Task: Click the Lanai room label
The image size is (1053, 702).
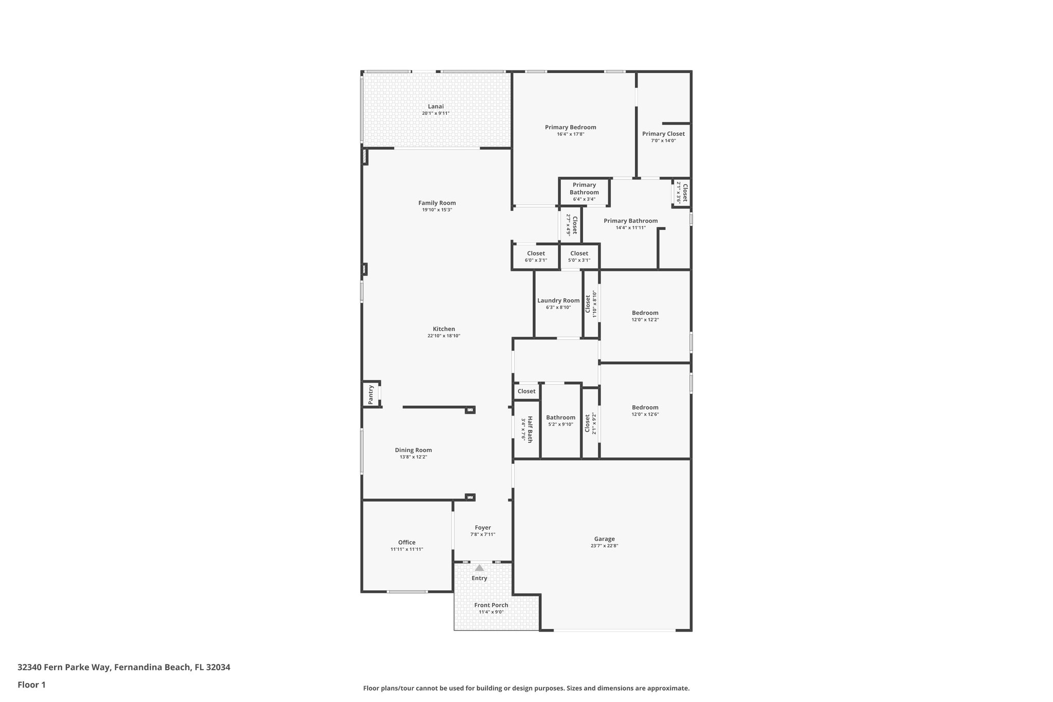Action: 435,106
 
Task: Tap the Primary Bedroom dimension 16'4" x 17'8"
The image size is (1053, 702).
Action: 570,134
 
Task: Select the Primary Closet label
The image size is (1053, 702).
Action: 663,134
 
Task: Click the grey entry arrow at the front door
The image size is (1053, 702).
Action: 479,568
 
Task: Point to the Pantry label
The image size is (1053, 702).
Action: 371,394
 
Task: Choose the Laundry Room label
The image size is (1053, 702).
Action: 558,300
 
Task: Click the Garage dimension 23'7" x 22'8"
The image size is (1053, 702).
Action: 604,546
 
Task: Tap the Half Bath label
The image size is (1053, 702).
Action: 530,429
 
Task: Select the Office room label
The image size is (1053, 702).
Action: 406,542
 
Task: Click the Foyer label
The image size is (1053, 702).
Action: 482,527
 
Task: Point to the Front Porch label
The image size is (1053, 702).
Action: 491,605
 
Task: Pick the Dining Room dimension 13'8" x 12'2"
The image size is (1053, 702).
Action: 413,457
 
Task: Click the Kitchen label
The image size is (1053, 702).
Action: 443,329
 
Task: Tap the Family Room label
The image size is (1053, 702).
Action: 437,203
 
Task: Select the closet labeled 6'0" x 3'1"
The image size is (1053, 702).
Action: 536,256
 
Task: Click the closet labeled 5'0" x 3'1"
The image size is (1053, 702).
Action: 579,256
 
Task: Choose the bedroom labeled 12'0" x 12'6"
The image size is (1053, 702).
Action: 645,410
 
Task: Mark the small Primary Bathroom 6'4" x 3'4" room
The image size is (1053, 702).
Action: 584,191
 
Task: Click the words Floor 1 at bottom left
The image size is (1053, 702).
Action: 31,685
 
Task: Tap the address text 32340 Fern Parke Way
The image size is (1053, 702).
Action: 64,667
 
